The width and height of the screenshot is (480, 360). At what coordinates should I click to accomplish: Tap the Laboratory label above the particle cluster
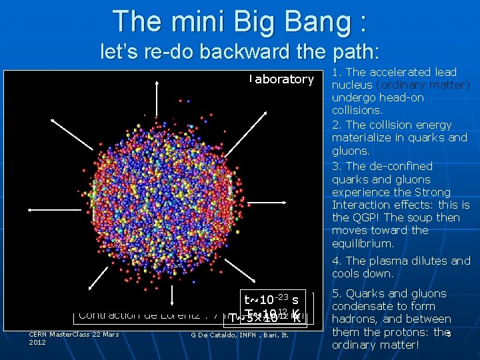tap(281, 79)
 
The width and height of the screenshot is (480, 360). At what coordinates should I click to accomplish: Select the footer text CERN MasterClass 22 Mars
tap(73, 334)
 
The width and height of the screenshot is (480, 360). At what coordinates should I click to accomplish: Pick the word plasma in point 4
tap(386, 261)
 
